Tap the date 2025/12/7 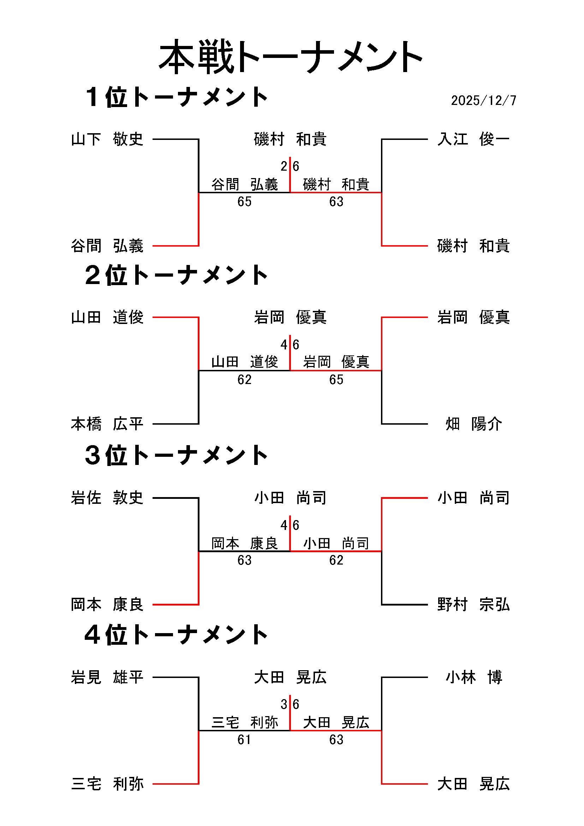tap(483, 100)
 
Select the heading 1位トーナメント tap(176, 97)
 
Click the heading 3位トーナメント tap(176, 455)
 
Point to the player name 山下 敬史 tap(107, 139)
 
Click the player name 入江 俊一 tap(473, 139)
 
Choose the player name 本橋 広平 tap(107, 424)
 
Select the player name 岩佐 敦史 tap(107, 498)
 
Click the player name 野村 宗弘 tap(473, 604)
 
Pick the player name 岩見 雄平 tap(107, 677)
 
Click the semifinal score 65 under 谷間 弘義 tap(244, 202)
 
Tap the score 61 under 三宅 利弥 tap(244, 740)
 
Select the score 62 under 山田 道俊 tap(244, 380)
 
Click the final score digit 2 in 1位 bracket tap(284, 166)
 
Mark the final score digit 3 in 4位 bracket tap(284, 704)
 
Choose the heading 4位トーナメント tap(176, 635)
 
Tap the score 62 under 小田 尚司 tap(336, 560)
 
